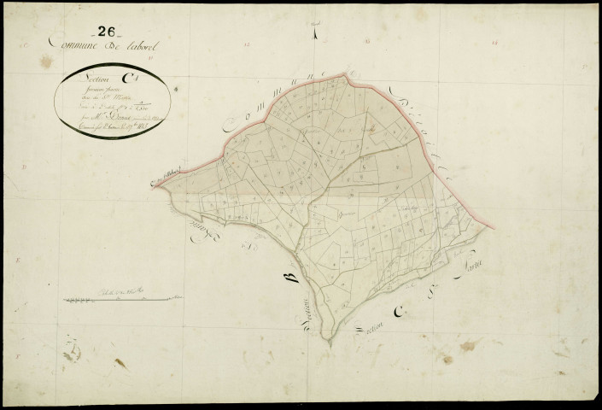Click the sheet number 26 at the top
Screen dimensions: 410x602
[108, 31]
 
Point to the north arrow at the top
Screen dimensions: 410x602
[315, 34]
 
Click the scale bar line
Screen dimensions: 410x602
[124, 300]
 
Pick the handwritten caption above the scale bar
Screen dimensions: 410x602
[124, 290]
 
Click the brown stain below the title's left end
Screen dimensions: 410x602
[46, 61]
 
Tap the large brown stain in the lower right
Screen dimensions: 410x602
[468, 346]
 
